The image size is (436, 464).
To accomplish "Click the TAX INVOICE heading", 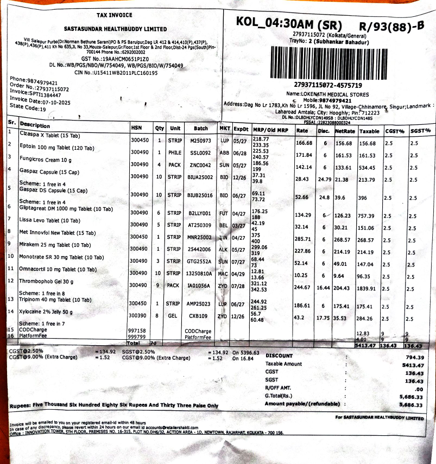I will [x=114, y=15].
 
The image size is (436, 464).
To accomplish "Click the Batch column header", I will [x=201, y=129].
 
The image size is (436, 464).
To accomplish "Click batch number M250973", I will [x=200, y=141].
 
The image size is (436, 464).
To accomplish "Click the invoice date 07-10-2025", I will [x=52, y=101].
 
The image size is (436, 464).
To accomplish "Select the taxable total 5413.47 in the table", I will [x=367, y=345].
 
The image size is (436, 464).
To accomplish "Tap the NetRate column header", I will [x=345, y=131].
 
